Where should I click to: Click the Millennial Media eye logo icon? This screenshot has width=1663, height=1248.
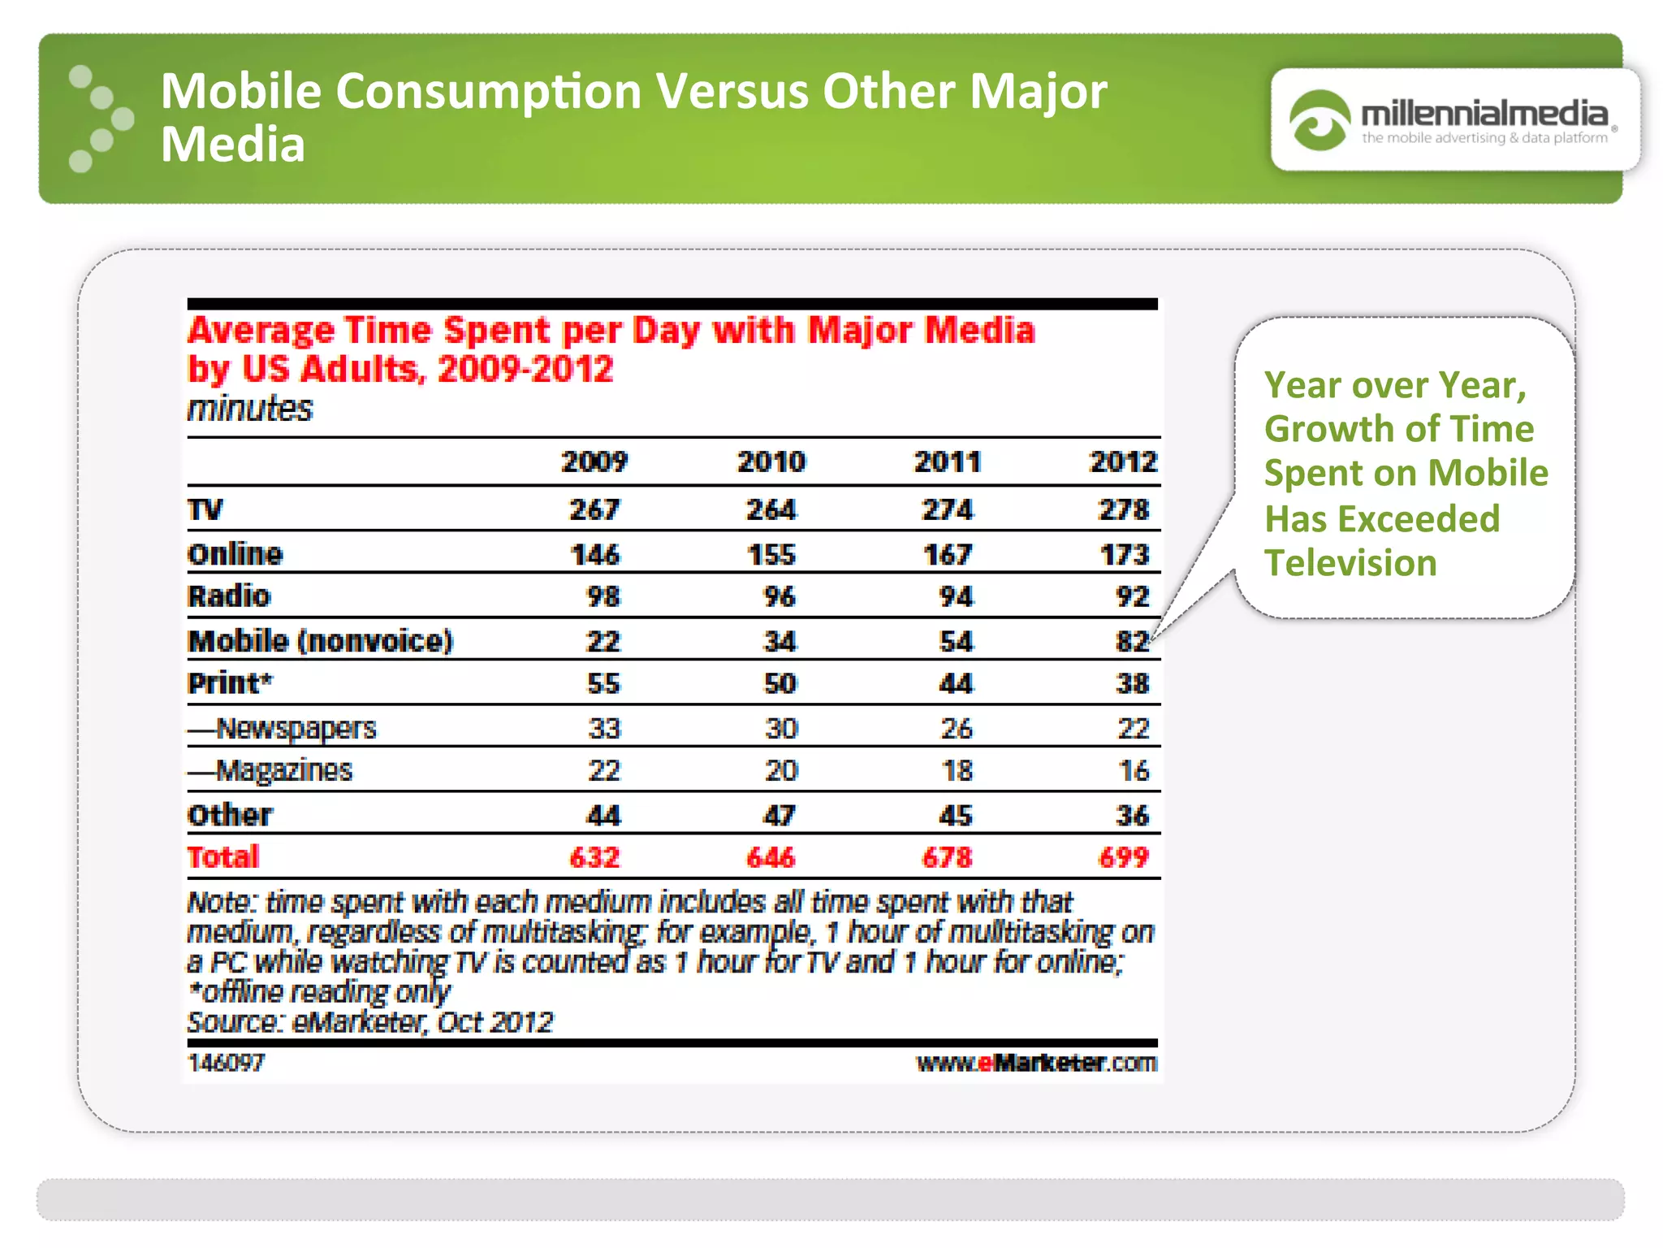tap(1319, 121)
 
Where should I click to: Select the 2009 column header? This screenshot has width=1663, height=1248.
tap(594, 461)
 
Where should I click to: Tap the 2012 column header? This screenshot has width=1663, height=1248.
tap(1123, 461)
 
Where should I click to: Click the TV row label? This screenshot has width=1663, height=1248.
tap(205, 509)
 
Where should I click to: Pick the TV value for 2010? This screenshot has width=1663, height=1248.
tap(771, 509)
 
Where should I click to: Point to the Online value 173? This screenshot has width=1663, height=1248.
tap(1125, 554)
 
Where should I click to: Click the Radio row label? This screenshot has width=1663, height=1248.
tap(229, 596)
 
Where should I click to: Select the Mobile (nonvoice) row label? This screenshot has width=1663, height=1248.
tap(320, 641)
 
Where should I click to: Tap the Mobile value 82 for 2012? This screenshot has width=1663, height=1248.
tap(1132, 641)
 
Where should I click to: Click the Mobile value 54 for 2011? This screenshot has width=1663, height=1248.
tap(956, 641)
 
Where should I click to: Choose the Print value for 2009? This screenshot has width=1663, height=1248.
tap(603, 683)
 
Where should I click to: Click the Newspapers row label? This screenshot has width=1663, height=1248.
tap(283, 728)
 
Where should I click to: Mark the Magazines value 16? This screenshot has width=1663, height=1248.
tap(1134, 770)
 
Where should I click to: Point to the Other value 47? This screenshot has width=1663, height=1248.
tap(779, 815)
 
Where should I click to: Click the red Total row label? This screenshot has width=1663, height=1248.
tap(223, 857)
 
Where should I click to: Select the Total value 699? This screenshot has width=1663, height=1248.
tap(1124, 857)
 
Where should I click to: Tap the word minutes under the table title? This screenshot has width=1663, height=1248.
tap(249, 409)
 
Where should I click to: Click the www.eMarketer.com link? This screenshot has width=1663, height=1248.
tap(1036, 1063)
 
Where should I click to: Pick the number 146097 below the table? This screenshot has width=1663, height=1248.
tap(227, 1063)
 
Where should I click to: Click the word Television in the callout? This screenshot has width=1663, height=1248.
tap(1350, 563)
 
